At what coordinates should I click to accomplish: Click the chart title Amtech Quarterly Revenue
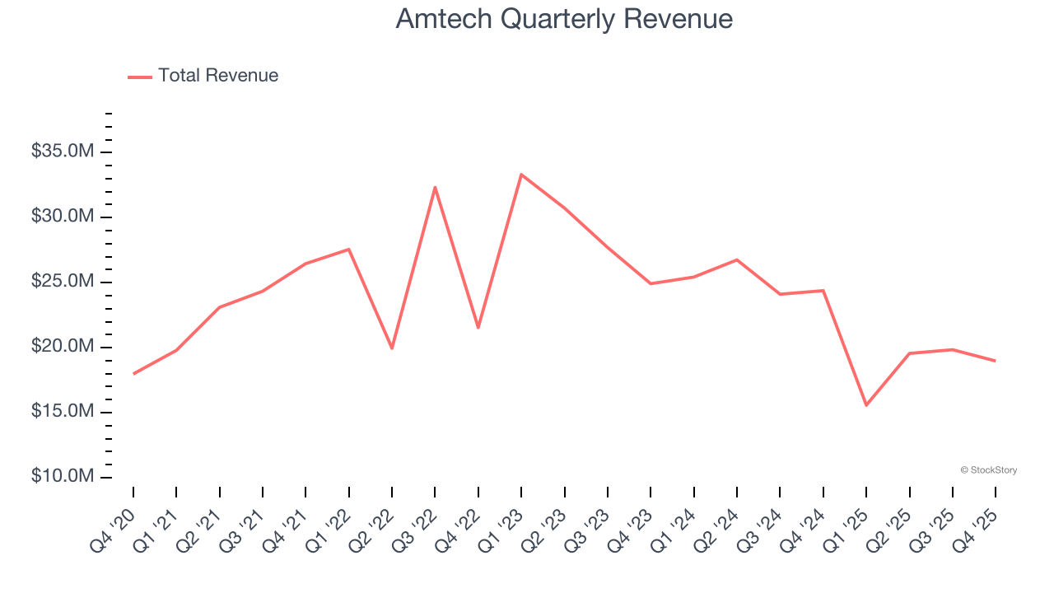click(x=564, y=18)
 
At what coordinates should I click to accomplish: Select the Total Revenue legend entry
click(x=218, y=76)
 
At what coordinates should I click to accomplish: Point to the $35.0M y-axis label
click(x=63, y=152)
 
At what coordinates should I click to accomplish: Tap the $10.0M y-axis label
click(x=63, y=477)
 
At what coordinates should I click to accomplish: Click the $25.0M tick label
click(x=63, y=282)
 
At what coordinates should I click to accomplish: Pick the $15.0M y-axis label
click(x=63, y=412)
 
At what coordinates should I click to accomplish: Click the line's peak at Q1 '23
click(x=521, y=175)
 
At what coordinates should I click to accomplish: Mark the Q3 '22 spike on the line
click(x=435, y=187)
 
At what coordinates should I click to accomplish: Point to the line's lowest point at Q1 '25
click(x=866, y=405)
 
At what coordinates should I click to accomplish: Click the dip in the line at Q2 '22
click(x=392, y=348)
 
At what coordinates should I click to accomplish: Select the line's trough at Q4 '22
click(x=478, y=328)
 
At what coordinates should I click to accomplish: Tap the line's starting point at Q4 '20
click(x=133, y=373)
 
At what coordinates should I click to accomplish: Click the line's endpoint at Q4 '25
click(x=996, y=361)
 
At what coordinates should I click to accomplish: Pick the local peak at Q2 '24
click(x=737, y=259)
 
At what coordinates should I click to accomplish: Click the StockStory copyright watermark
click(x=988, y=470)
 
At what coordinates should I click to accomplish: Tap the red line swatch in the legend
click(x=140, y=77)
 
